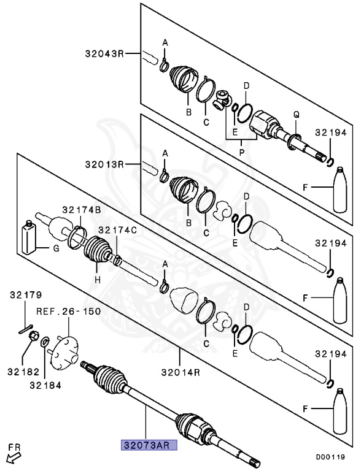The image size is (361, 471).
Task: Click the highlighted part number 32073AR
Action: (x=149, y=445)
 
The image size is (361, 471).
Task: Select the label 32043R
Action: (x=104, y=54)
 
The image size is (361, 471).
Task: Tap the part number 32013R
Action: (x=104, y=164)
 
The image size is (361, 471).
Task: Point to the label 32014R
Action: (x=180, y=372)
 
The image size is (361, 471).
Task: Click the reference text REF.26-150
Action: (x=69, y=311)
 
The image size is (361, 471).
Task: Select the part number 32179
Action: (x=26, y=295)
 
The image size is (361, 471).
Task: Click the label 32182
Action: (x=23, y=372)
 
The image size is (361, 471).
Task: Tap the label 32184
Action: (x=45, y=385)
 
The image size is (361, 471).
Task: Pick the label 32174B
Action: (x=82, y=210)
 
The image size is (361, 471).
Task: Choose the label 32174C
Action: (x=118, y=231)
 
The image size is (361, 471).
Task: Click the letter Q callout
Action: (x=297, y=115)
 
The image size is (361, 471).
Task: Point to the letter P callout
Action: (x=241, y=153)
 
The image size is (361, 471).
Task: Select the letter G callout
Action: (x=56, y=248)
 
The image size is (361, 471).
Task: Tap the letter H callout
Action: (x=98, y=280)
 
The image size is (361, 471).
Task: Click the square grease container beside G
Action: (x=29, y=237)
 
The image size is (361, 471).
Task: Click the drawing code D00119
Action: (x=330, y=457)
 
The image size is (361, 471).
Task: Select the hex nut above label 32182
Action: (x=34, y=335)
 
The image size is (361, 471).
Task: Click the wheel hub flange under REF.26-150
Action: (x=63, y=353)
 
